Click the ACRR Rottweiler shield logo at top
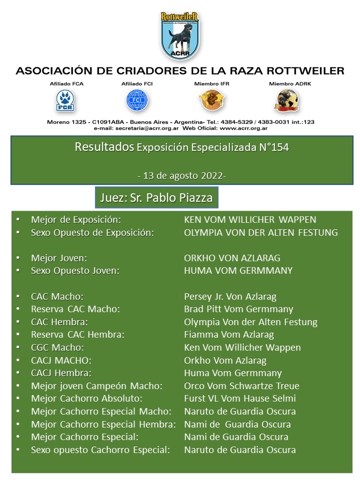coord(180,34)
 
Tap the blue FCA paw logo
coord(63,100)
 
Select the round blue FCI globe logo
coord(137,100)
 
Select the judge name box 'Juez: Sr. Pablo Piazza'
coord(156,198)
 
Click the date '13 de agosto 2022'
coord(181,176)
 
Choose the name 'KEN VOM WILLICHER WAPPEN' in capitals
coord(250,220)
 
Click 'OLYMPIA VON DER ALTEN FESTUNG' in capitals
coord(261,233)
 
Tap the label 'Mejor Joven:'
coord(59,258)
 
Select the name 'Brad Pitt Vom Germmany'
coord(238,309)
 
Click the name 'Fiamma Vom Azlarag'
coord(229,335)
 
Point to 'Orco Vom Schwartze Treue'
coord(242,386)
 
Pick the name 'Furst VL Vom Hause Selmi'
coord(240,399)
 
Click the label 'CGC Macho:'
coord(57,348)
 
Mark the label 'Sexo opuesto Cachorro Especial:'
coord(100,450)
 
